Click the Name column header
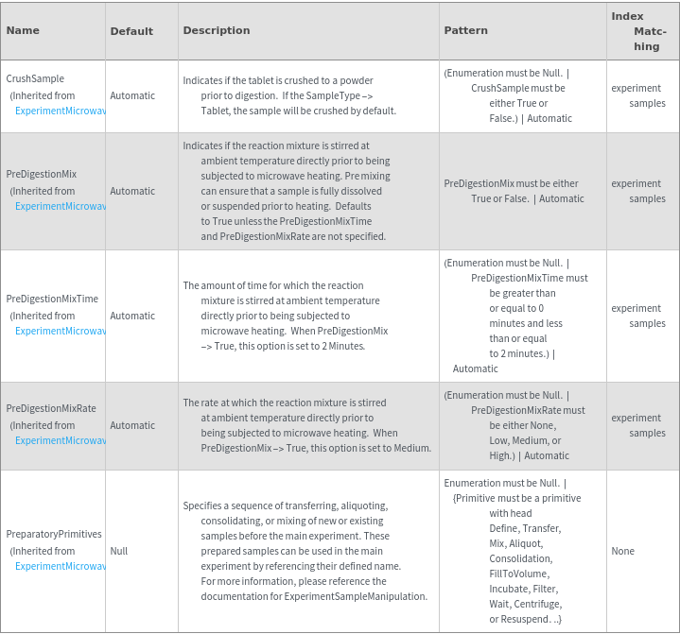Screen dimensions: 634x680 [x=23, y=30]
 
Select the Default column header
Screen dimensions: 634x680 [x=131, y=31]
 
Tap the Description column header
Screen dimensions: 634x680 [x=217, y=30]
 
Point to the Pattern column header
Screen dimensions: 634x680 [x=466, y=30]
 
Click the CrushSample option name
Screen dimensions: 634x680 [x=35, y=78]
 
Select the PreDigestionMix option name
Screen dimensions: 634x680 [x=42, y=174]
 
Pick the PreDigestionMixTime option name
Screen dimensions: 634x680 [x=52, y=299]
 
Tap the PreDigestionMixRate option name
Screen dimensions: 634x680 [x=51, y=408]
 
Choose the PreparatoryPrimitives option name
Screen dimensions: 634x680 [x=54, y=534]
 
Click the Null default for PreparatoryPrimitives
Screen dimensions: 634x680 [x=119, y=551]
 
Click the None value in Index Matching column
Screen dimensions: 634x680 [x=623, y=551]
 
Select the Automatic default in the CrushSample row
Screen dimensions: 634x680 [x=132, y=95]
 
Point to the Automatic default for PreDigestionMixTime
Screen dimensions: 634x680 [x=132, y=316]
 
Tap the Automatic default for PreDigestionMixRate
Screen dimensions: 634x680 [x=132, y=425]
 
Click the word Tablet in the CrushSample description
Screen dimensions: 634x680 [x=217, y=111]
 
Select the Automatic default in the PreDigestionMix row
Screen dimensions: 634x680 [x=132, y=191]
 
